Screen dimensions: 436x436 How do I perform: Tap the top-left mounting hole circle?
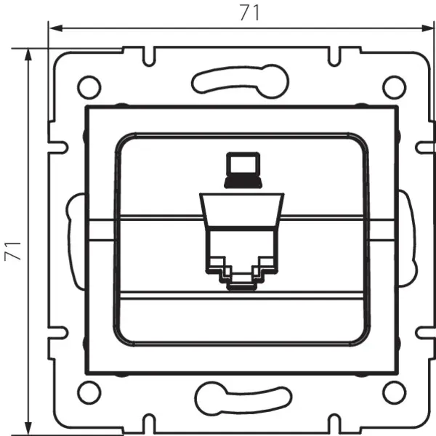89,86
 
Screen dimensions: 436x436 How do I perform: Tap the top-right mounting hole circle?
393,86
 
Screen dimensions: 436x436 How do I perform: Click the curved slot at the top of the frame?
241,79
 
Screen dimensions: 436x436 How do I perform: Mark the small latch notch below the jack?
241,282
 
